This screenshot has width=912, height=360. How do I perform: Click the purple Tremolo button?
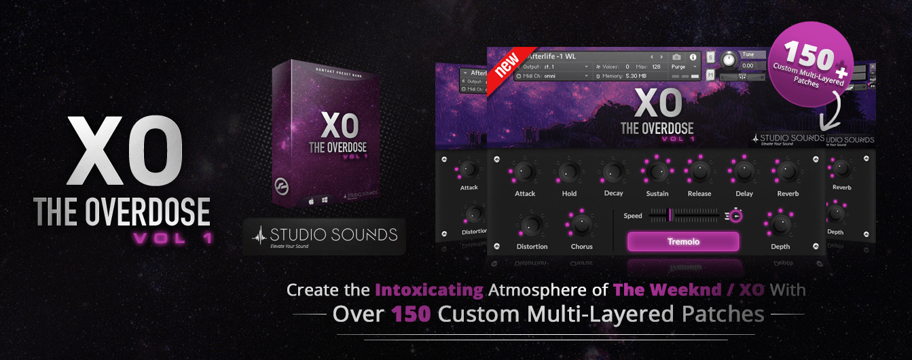[x=682, y=242]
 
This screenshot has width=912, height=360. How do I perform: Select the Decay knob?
[x=613, y=172]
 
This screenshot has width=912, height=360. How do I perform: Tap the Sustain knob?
[x=657, y=171]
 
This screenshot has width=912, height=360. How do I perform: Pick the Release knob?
[x=699, y=171]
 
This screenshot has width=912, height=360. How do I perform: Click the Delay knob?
[x=744, y=171]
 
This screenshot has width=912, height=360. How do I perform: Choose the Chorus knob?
[x=581, y=224]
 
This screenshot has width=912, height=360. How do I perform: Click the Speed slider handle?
[x=670, y=215]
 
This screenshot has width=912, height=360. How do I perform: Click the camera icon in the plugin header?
[x=676, y=57]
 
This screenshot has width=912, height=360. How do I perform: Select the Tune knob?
[x=729, y=60]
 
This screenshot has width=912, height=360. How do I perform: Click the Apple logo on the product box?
[x=311, y=202]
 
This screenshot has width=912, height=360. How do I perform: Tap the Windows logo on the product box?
[x=325, y=202]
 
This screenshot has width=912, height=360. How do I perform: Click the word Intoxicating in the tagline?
[x=429, y=291]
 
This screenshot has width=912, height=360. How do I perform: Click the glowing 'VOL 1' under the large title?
[x=172, y=238]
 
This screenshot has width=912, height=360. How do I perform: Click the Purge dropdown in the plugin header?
[x=682, y=67]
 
